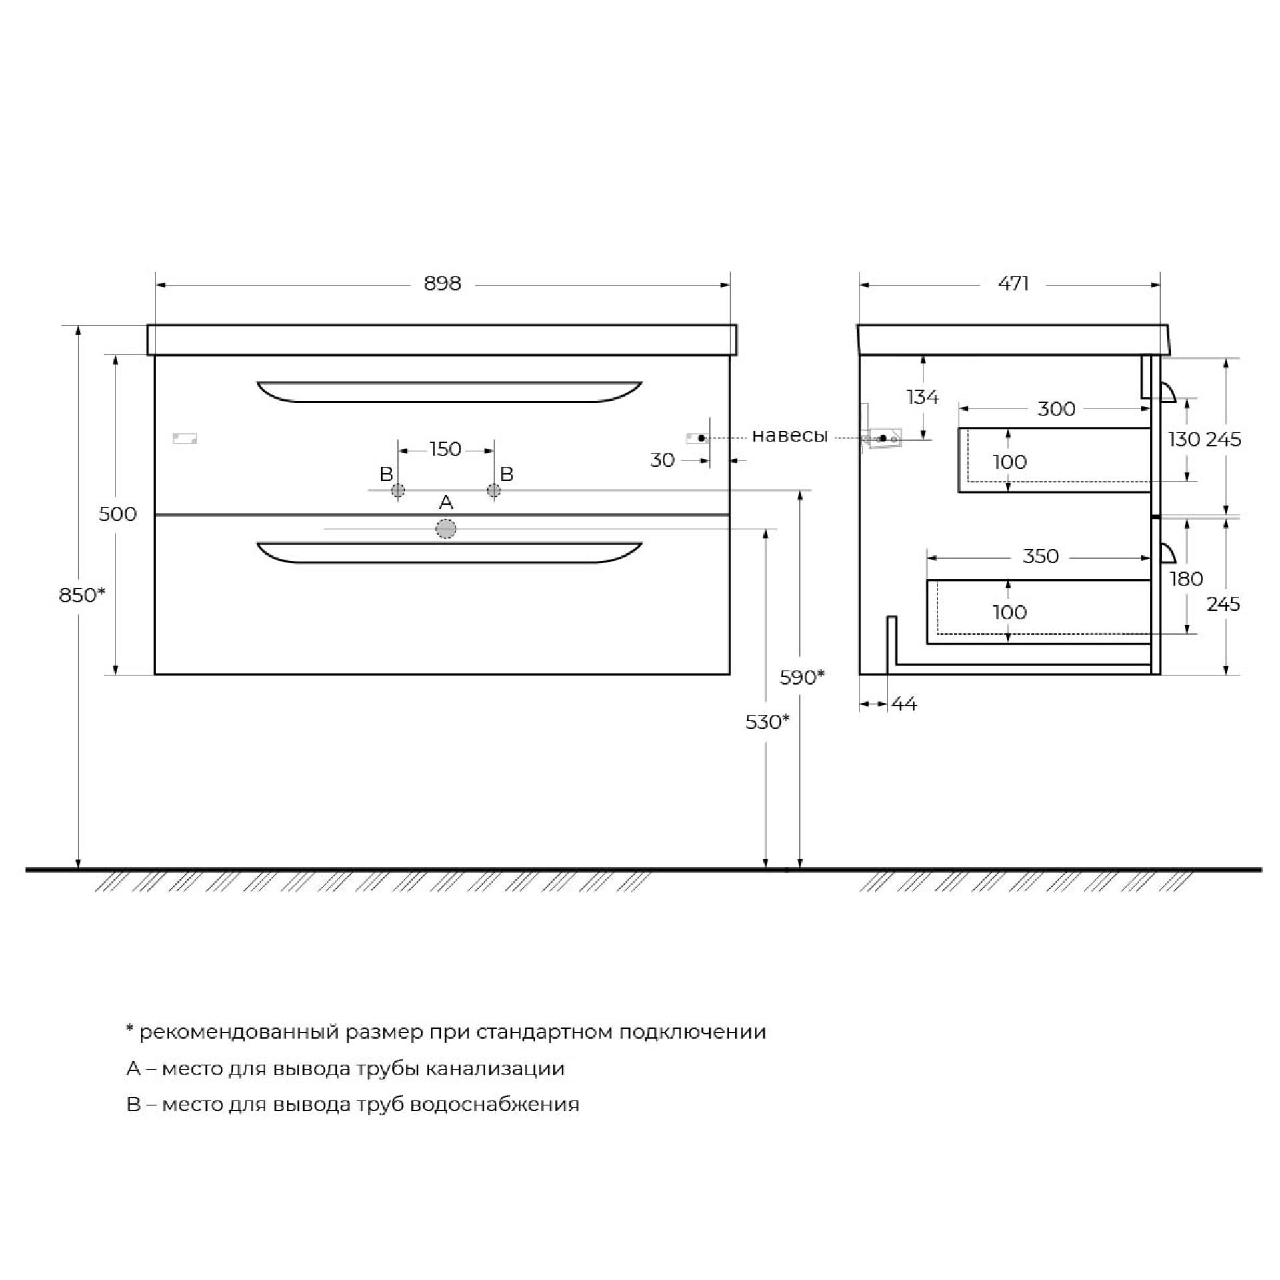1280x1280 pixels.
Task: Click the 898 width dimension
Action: [x=442, y=284]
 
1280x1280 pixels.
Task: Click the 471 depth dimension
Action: [x=1013, y=284]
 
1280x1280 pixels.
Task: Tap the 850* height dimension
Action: [x=82, y=595]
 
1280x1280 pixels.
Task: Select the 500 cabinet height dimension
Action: [x=117, y=514]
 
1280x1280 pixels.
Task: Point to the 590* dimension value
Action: [x=802, y=677]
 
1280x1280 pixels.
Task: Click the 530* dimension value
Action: [x=768, y=721]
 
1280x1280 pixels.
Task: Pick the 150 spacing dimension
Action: [x=445, y=449]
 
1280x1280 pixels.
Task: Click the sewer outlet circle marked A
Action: [x=446, y=529]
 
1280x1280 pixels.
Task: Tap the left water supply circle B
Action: [x=398, y=491]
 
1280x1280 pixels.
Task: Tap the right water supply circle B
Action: [x=493, y=491]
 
